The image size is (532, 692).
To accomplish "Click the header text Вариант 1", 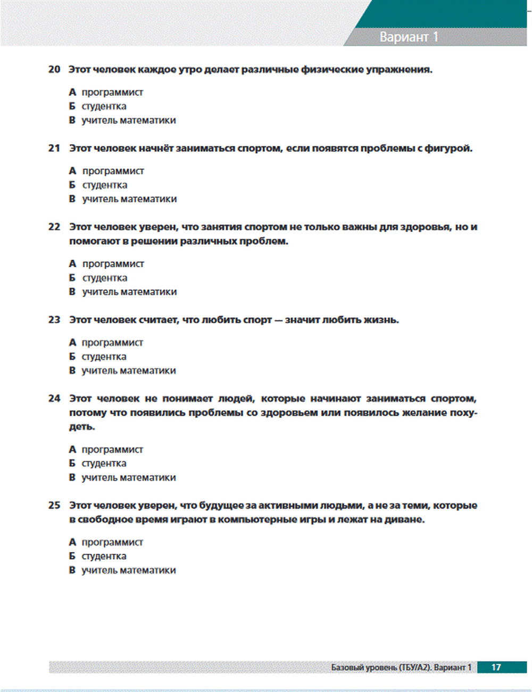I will click(409, 37).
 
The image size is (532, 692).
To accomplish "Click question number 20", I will click(54, 69).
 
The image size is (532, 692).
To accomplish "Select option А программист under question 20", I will click(106, 92).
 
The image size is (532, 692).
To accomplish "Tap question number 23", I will click(54, 320).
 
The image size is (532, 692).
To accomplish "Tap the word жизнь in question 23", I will click(380, 320).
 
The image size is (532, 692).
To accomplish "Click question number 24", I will click(54, 399).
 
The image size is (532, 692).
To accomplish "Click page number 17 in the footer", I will click(496, 667).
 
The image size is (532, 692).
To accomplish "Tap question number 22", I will click(54, 227).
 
